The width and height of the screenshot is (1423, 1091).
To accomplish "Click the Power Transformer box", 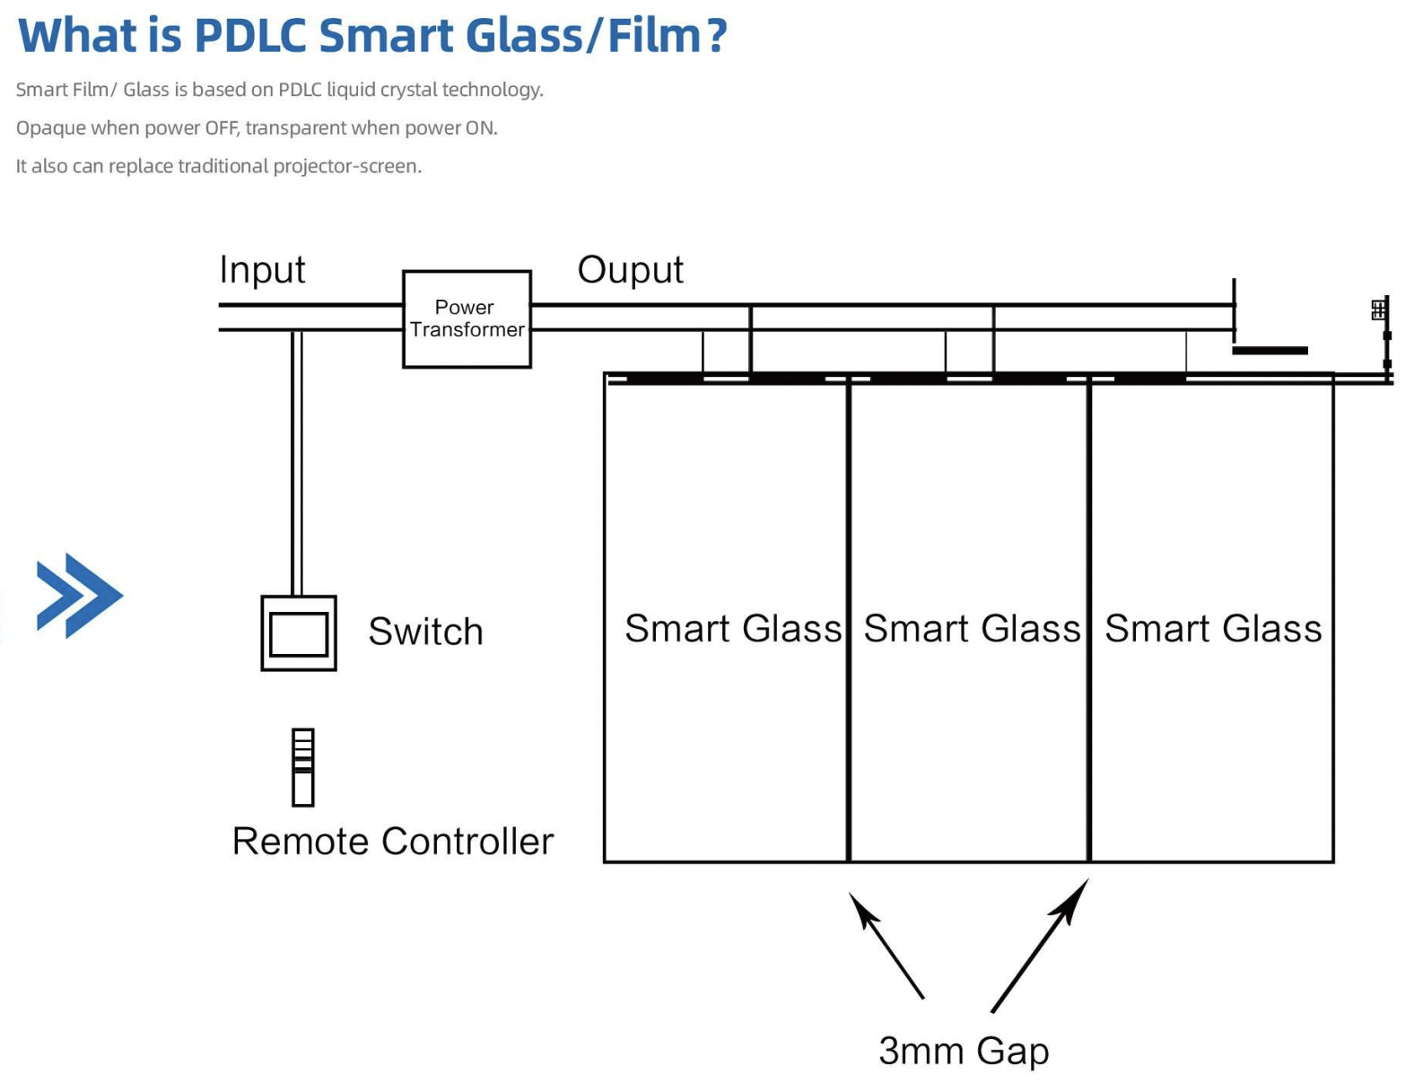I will (467, 319).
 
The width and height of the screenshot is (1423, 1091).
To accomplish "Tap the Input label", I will (262, 270).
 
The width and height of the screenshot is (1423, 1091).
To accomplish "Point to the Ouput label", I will (630, 270).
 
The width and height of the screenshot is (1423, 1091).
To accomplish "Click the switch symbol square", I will (299, 633).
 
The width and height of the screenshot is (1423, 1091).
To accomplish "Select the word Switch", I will (425, 632).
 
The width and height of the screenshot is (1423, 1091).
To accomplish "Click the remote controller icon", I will (303, 767).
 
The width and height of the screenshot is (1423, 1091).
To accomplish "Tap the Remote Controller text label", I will (392, 842).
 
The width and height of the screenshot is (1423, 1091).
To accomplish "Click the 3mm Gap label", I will (963, 1051).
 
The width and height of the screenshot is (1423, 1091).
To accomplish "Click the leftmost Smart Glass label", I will (732, 629).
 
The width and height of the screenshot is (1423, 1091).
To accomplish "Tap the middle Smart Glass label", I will (972, 629).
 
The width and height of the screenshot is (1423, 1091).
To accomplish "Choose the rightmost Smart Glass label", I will (1212, 629).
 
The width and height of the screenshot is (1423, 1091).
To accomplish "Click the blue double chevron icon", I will (79, 596).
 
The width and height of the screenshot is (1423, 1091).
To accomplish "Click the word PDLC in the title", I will (250, 36).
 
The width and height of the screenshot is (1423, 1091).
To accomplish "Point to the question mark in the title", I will (716, 36).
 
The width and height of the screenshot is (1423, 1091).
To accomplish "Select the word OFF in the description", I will (221, 128).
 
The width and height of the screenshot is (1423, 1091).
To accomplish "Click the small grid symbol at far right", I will (1378, 310).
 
